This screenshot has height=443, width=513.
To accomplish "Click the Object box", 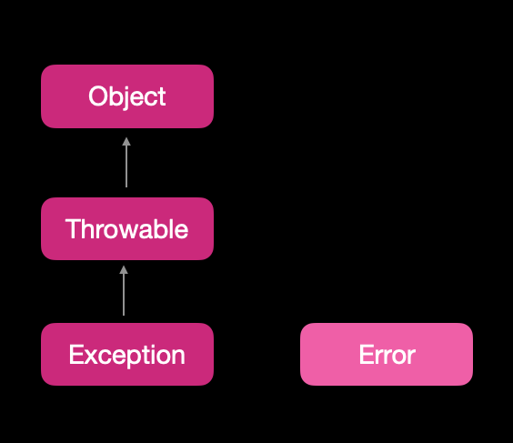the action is [x=127, y=96].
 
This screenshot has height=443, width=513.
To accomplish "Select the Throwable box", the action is [x=127, y=228].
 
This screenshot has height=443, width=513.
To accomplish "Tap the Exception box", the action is [x=127, y=355].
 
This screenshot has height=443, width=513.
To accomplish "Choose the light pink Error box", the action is [x=387, y=355].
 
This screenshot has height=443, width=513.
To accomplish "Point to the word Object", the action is [x=127, y=96].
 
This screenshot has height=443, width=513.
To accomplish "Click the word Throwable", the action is [x=126, y=228].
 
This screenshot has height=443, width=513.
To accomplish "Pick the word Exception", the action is [x=127, y=356].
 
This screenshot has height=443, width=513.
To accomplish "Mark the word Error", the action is [x=387, y=355].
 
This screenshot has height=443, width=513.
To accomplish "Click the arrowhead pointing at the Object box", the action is [x=126, y=142].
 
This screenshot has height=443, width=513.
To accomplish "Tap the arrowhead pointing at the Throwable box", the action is [x=124, y=270].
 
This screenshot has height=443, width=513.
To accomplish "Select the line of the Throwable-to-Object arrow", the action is [x=126, y=166].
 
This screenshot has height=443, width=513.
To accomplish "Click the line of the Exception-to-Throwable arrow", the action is [x=124, y=295].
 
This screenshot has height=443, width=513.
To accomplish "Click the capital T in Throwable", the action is [x=74, y=228].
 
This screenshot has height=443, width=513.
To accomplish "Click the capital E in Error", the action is [x=367, y=355].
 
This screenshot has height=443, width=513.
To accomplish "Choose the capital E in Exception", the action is [x=75, y=355].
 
